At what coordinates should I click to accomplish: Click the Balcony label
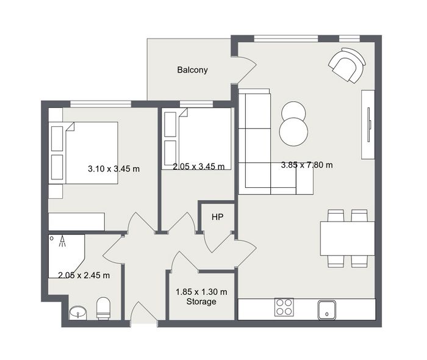(x=192, y=70)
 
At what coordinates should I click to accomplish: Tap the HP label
(x=218, y=217)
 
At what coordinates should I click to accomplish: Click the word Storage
(x=201, y=301)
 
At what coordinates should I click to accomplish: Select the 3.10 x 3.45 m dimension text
(x=113, y=169)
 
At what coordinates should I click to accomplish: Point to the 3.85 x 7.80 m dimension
(x=307, y=165)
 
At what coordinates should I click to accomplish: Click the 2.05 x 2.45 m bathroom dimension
(x=84, y=275)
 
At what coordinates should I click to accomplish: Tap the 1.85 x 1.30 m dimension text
(x=201, y=292)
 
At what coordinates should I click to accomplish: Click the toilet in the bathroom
(x=104, y=308)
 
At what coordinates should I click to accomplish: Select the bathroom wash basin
(x=78, y=312)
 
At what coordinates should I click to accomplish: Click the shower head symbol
(x=63, y=241)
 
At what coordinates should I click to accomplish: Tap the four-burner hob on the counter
(x=284, y=307)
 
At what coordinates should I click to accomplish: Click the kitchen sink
(x=327, y=310)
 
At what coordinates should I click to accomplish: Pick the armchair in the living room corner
(x=347, y=65)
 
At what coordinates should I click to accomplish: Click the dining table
(x=348, y=239)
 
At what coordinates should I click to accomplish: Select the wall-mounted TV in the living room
(x=369, y=124)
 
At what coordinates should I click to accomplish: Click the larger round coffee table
(x=293, y=132)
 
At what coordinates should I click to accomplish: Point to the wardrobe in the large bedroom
(x=76, y=221)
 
